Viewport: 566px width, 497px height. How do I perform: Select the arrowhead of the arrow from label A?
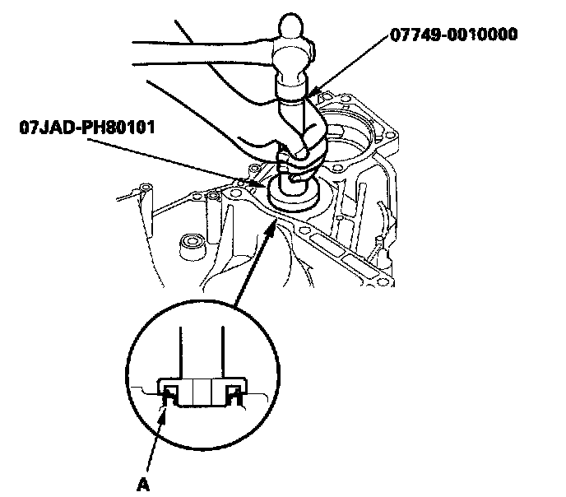pyautogui.click(x=167, y=400)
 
